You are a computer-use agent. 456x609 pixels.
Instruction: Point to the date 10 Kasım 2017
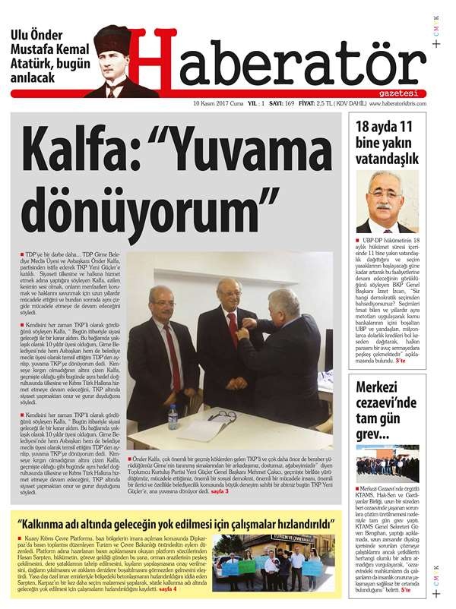tap(220, 103)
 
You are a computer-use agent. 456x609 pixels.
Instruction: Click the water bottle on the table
tap(173, 416)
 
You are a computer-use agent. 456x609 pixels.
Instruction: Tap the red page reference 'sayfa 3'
tap(220, 491)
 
